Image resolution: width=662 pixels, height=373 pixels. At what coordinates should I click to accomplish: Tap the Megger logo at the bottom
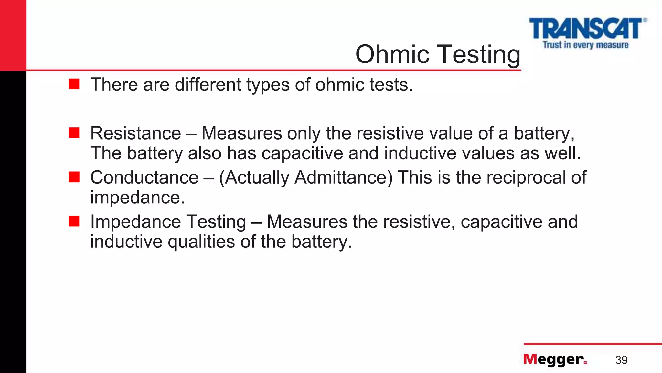point(555,359)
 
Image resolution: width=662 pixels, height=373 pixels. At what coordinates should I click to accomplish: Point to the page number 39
point(621,360)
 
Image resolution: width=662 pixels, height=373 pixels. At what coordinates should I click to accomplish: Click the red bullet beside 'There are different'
point(74,84)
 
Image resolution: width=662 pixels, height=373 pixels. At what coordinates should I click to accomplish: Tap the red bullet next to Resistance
point(74,133)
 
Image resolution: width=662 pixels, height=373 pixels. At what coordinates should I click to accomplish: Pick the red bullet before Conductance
point(74,177)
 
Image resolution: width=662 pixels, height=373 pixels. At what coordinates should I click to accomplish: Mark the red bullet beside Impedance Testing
point(74,221)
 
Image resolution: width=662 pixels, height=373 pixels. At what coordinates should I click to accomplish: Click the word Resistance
point(135,133)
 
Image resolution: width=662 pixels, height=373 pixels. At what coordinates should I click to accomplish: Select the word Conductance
point(144,177)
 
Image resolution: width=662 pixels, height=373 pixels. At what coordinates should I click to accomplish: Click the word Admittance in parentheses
point(343,177)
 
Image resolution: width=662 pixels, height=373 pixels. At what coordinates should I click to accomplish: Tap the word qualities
point(201,242)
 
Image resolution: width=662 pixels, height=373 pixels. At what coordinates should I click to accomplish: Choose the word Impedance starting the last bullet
point(135,222)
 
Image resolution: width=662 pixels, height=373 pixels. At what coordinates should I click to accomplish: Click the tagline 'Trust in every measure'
point(585,45)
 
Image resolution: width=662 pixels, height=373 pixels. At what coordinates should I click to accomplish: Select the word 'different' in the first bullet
point(208,85)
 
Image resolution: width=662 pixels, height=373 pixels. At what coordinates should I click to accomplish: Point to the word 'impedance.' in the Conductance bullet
point(137,197)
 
